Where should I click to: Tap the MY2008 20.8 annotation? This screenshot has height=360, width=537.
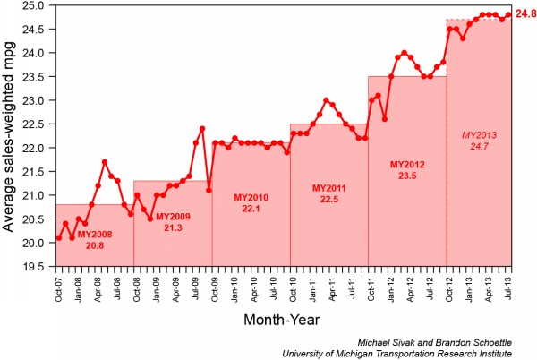point(95,238)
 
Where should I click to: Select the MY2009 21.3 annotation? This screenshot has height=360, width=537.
point(174,221)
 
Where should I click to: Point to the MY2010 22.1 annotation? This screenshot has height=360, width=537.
point(251,202)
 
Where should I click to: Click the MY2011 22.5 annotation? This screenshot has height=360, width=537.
point(329,193)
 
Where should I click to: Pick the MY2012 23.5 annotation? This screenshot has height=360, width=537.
point(407,170)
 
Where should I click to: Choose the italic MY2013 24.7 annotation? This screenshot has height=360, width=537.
point(479,140)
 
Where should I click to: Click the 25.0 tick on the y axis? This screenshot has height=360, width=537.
point(36,5)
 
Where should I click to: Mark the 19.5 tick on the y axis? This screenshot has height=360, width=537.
point(36,267)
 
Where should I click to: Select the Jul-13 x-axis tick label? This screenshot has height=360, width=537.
point(509,285)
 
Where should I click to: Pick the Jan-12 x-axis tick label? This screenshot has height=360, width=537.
point(391,285)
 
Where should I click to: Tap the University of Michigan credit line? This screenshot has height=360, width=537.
point(409,352)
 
